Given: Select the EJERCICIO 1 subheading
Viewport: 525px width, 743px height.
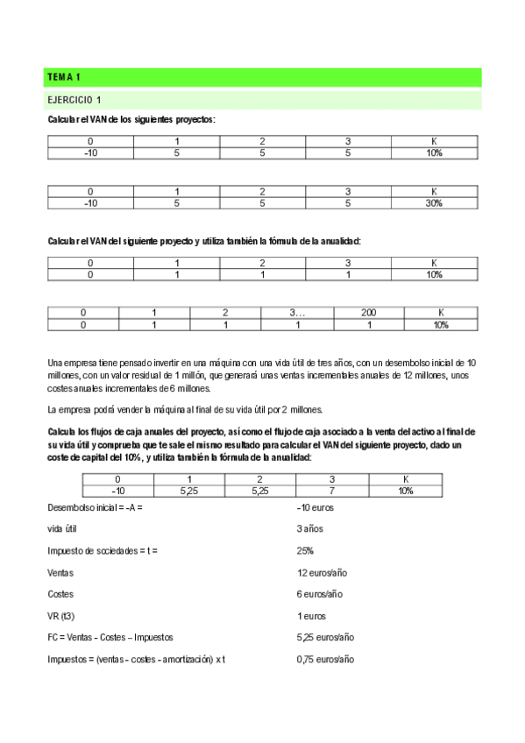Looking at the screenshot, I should [x=75, y=100].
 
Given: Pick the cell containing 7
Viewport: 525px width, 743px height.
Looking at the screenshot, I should [x=332, y=492].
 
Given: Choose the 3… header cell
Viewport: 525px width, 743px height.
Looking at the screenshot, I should [x=296, y=313].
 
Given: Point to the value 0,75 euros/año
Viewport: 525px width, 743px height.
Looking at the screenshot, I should [x=325, y=659].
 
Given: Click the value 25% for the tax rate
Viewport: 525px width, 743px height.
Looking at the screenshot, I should [x=305, y=550].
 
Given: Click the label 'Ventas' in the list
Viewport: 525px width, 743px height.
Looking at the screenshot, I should [x=60, y=572].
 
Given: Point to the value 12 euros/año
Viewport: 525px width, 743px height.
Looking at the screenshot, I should [x=323, y=572].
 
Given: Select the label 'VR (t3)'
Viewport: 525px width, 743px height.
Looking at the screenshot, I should [x=62, y=616].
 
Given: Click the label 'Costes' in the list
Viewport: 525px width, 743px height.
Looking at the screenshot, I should [x=60, y=594].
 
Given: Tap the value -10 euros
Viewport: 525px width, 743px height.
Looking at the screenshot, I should [x=316, y=507].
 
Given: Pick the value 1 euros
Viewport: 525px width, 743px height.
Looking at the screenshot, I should [x=311, y=616].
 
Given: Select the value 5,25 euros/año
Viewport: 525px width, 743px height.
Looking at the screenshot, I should [x=325, y=637].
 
